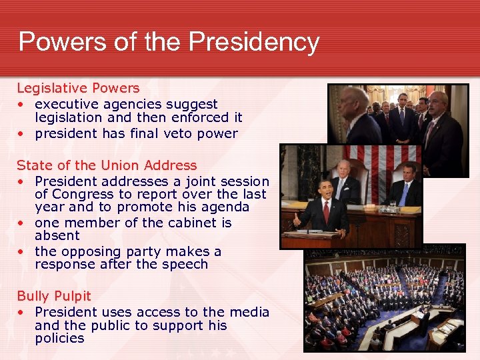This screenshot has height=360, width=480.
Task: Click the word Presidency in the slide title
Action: click(254, 41)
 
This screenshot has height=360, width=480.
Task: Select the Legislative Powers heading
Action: click(78, 88)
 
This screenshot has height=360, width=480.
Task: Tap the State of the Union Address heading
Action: click(107, 165)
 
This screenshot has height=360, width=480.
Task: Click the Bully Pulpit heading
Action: click(54, 296)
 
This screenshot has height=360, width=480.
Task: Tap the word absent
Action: click(57, 235)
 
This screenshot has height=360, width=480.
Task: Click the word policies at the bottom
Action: click(59, 338)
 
